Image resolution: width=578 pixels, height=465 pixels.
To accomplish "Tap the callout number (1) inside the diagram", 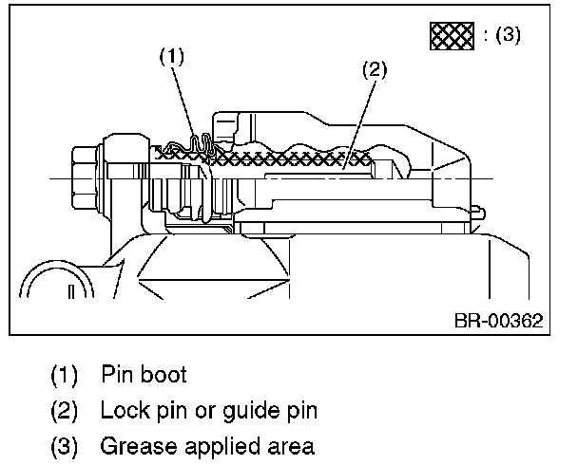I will click(171, 57).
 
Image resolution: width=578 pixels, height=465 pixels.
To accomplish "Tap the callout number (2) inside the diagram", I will click(375, 70).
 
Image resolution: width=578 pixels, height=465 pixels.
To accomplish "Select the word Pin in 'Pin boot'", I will click(115, 374).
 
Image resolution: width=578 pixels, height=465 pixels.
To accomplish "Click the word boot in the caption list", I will click(162, 374).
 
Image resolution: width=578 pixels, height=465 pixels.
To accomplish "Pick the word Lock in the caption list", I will click(121, 410).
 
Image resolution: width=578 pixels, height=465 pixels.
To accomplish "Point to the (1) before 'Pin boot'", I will click(66, 374).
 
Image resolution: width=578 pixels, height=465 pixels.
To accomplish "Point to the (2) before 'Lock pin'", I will click(66, 410).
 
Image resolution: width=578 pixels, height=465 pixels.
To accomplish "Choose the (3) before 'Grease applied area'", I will click(66, 446).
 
